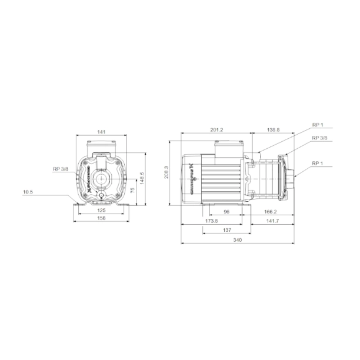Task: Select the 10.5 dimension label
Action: pyautogui.click(x=28, y=192)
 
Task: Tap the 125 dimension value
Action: pyautogui.click(x=101, y=209)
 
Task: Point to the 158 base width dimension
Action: pyautogui.click(x=101, y=218)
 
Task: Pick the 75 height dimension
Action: pyautogui.click(x=132, y=191)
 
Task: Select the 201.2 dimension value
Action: pyautogui.click(x=216, y=130)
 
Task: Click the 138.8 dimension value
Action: pyautogui.click(x=273, y=130)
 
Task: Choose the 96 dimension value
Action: pyautogui.click(x=226, y=211)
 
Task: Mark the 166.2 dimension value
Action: pyautogui.click(x=271, y=211)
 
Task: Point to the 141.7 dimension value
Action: pyautogui.click(x=271, y=221)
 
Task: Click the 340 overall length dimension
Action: pyautogui.click(x=237, y=240)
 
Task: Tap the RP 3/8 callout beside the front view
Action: pyautogui.click(x=60, y=169)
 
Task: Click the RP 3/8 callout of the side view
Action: pyautogui.click(x=320, y=138)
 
